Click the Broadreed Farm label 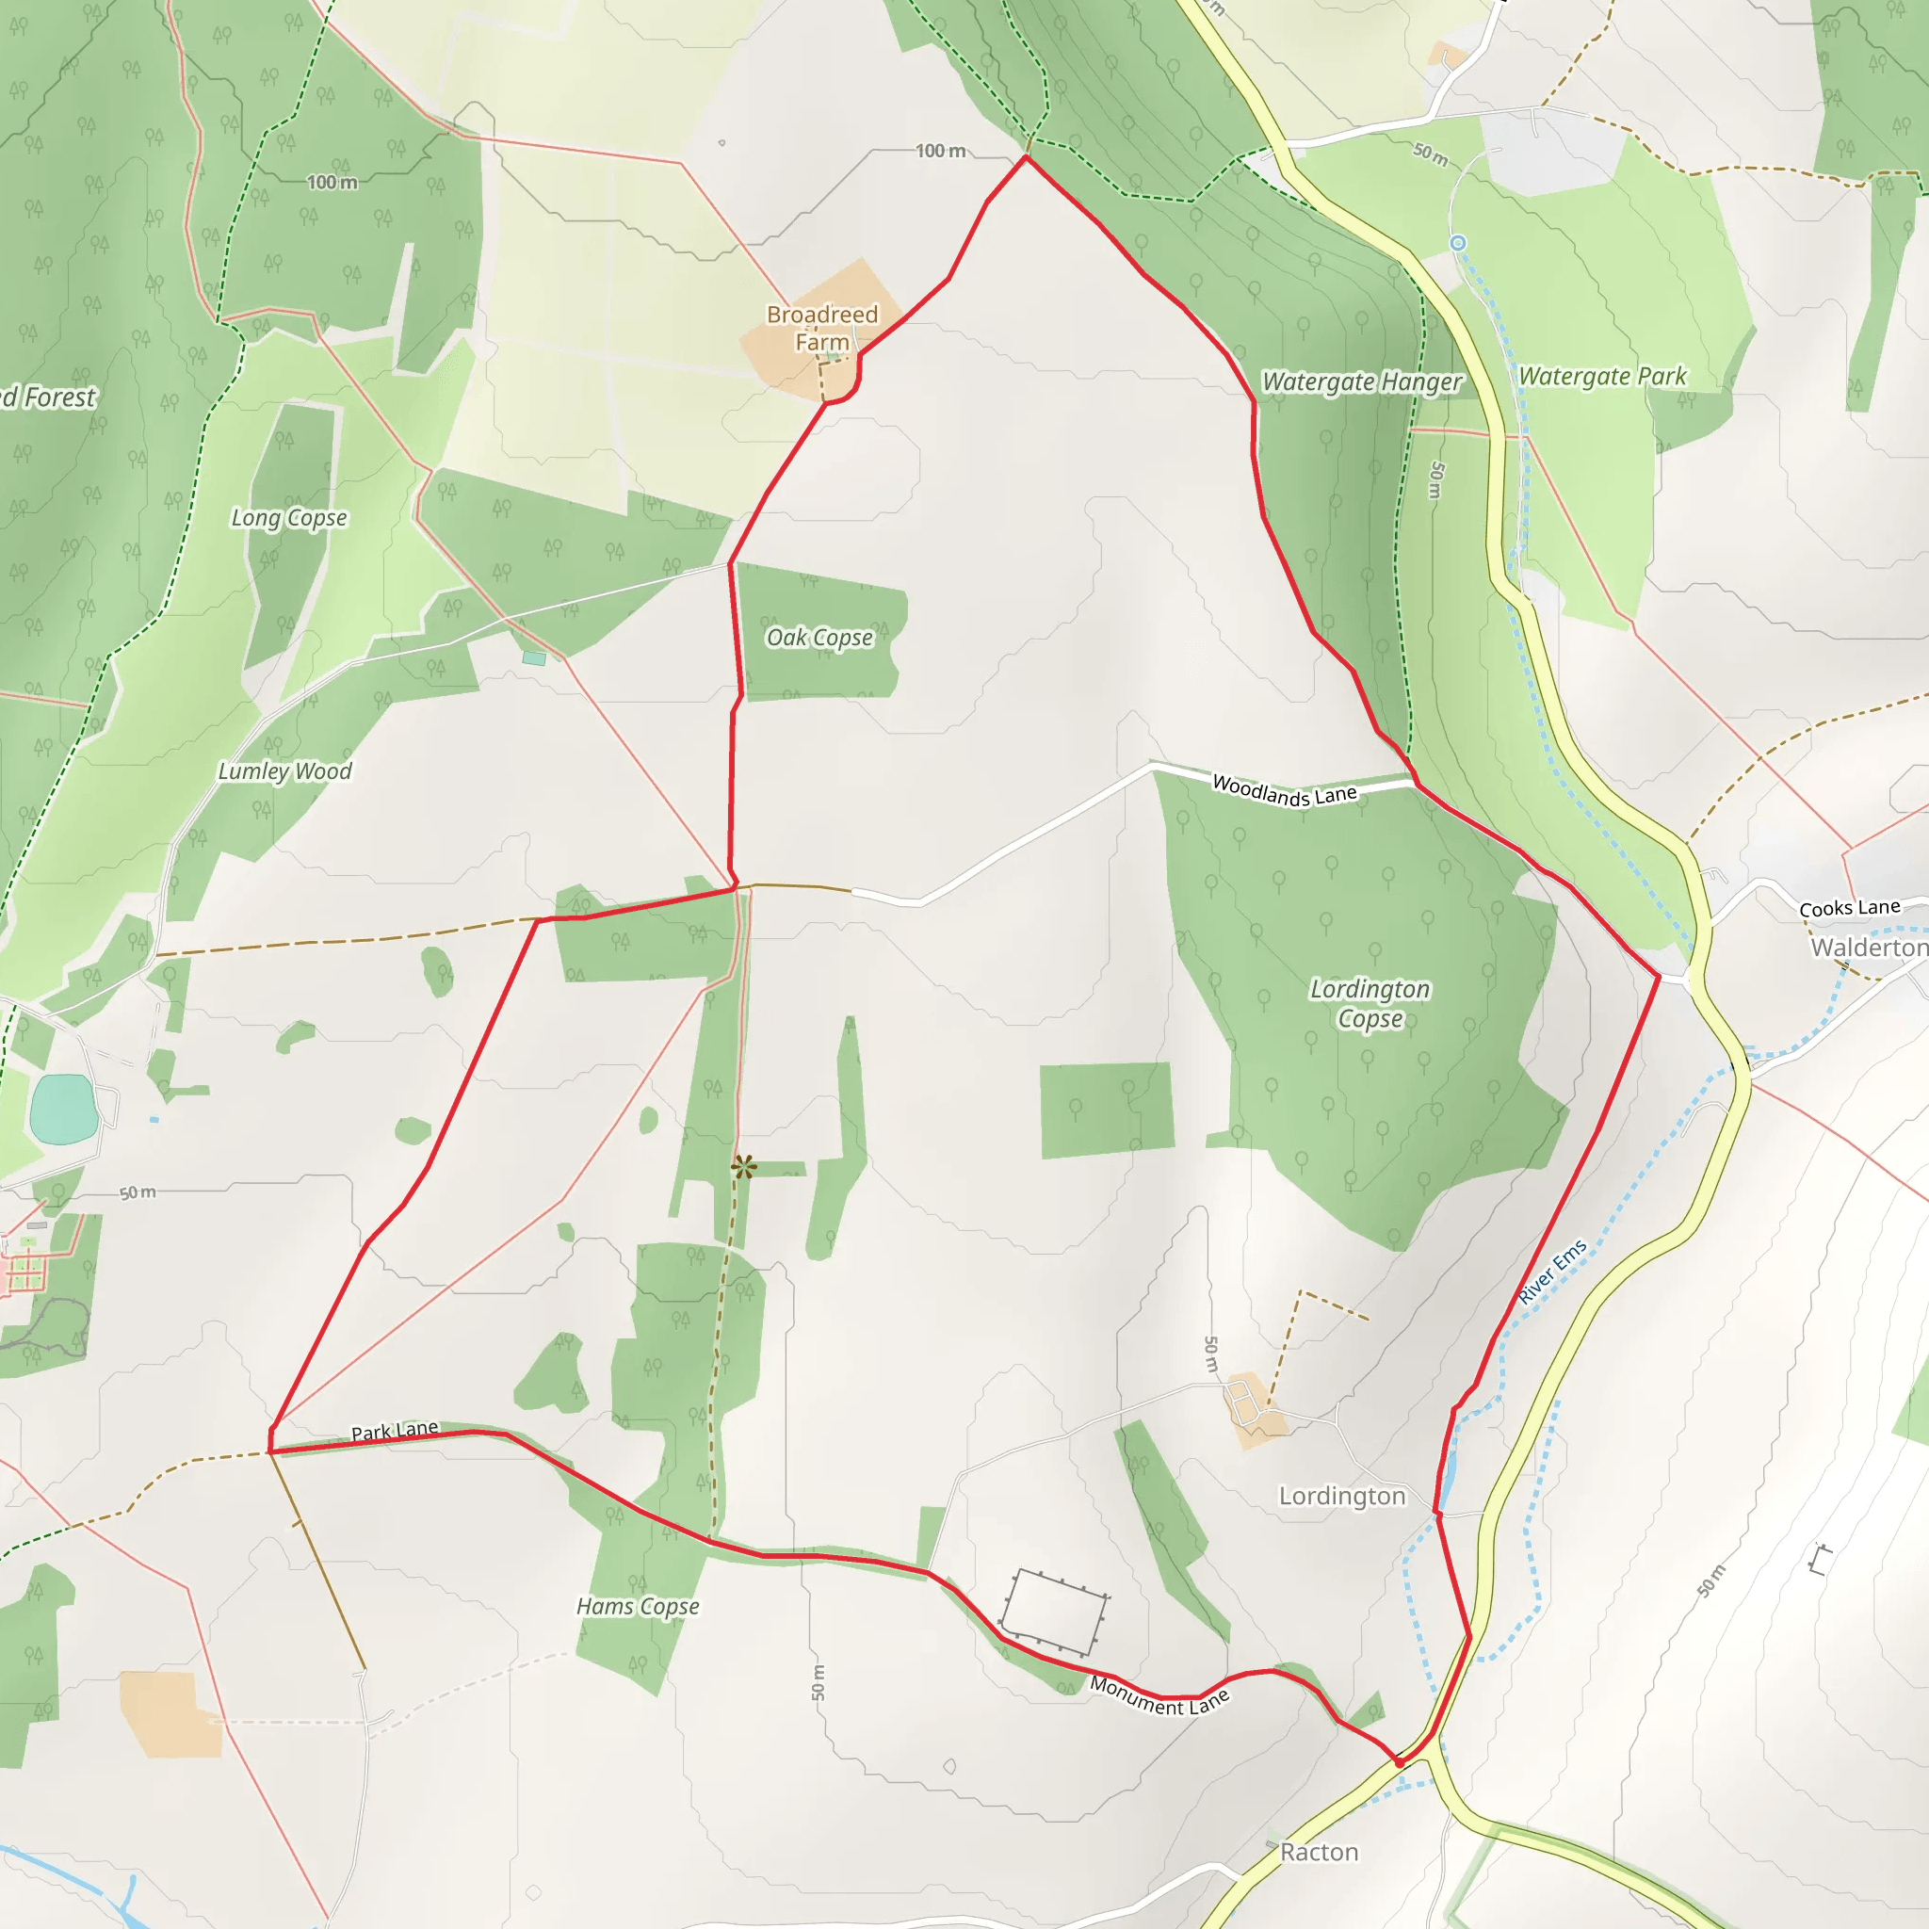821,328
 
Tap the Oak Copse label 819,638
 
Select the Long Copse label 288,518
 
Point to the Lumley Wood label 284,771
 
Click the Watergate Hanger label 1361,382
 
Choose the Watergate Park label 1601,377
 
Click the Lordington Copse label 1370,1003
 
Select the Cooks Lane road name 1849,908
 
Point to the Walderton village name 1869,948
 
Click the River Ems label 1551,1272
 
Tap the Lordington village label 1342,1496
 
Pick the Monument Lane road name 1159,1695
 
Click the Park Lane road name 395,1431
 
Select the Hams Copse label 638,1607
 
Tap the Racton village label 1319,1852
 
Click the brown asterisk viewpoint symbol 744,1165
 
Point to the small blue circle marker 1458,243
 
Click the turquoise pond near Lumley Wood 64,1109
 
